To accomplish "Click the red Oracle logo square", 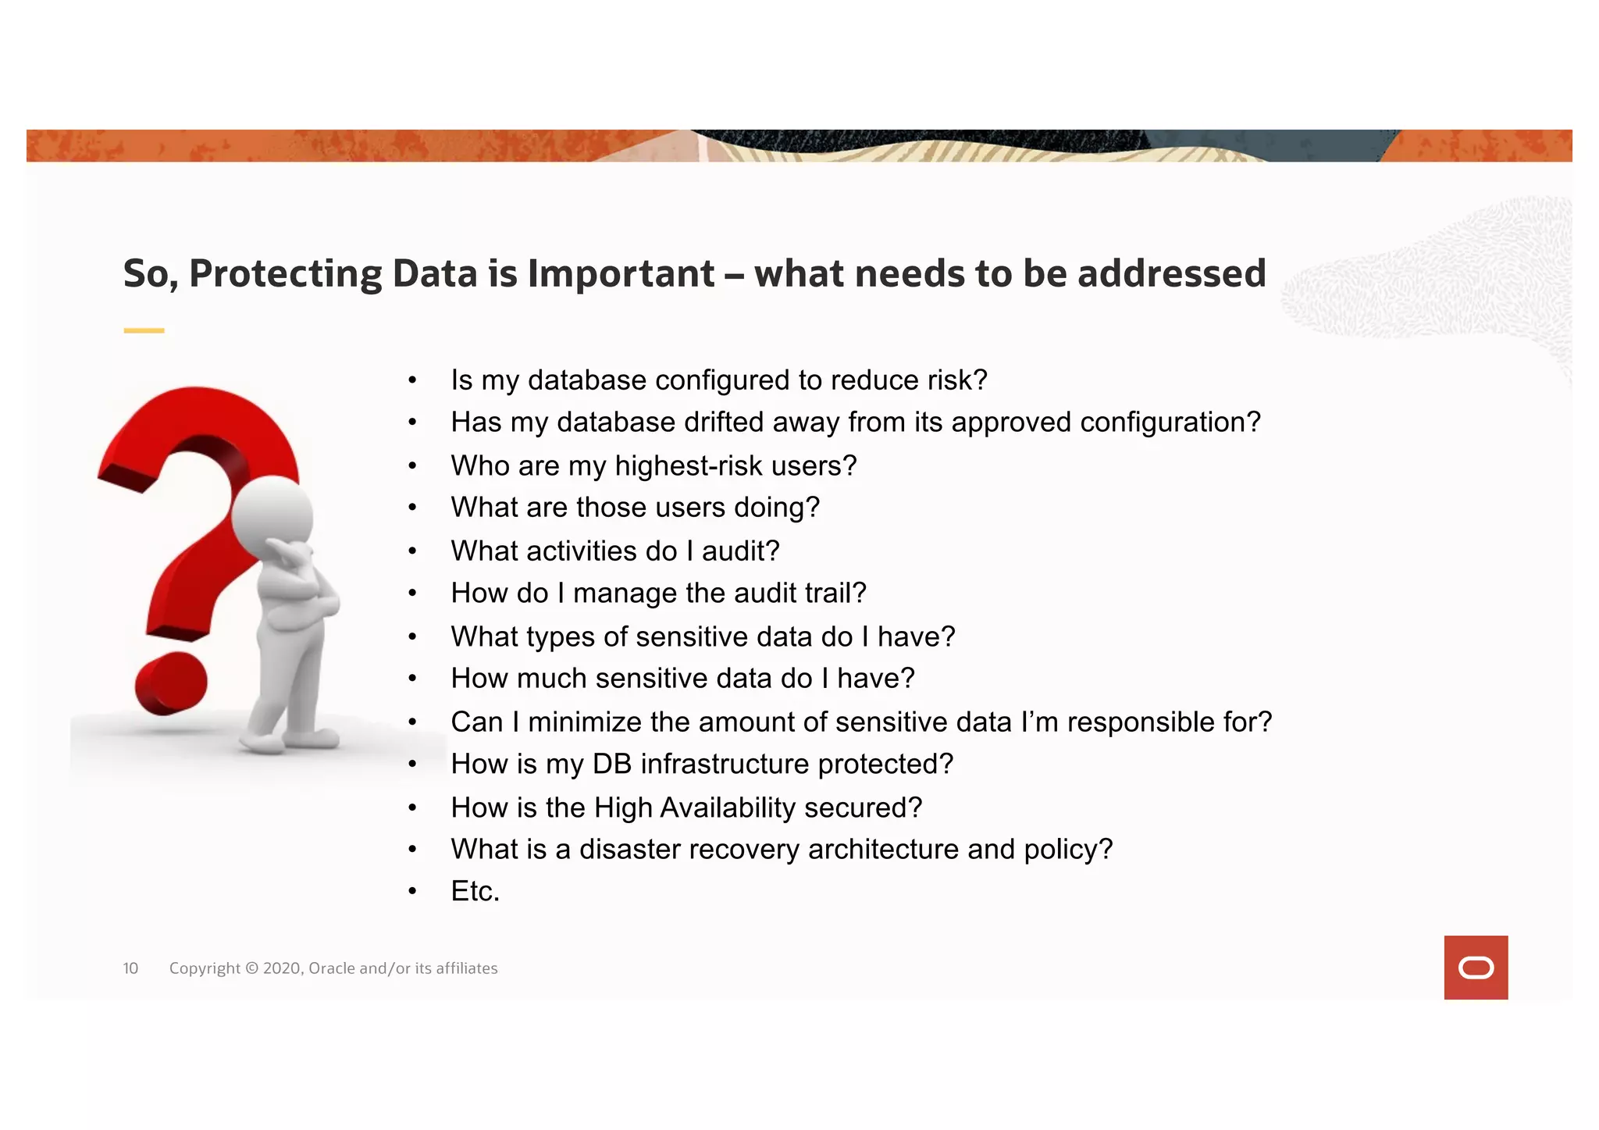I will point(1476,967).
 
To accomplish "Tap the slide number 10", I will point(130,968).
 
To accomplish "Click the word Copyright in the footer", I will point(205,968).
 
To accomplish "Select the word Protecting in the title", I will point(285,274).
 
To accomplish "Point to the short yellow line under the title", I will point(144,330).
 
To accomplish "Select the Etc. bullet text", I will point(475,891).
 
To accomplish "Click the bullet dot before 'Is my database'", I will point(412,381).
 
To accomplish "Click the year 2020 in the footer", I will point(281,968).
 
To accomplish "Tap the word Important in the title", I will point(621,274).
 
